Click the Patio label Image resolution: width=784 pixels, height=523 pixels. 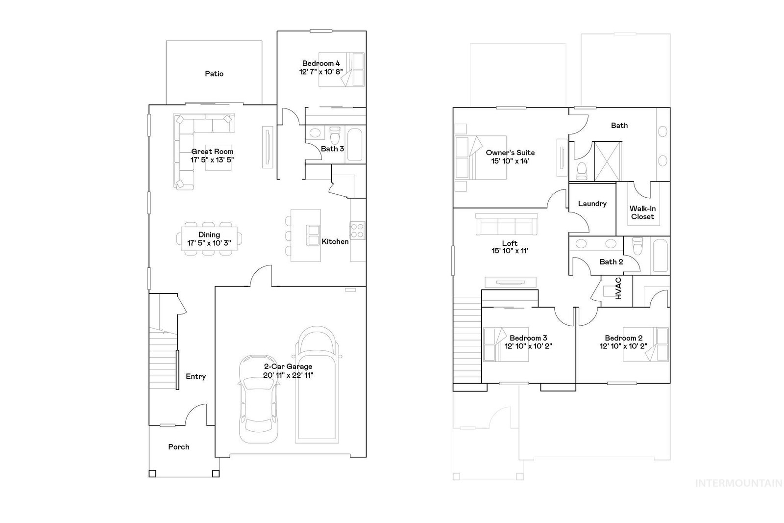coord(214,74)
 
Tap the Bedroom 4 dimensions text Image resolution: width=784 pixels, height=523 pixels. coord(320,72)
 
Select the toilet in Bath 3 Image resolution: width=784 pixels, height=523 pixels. coord(335,135)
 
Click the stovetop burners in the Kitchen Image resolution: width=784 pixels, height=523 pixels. coord(357,230)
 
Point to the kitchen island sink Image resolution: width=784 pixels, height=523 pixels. coord(313,235)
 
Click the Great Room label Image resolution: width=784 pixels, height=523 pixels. coord(212,152)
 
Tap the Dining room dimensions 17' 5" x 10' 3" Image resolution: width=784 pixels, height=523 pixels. coord(209,243)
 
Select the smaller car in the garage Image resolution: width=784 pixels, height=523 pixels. coord(259,399)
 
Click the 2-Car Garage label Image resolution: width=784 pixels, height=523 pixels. coord(288,366)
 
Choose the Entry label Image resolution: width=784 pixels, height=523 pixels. coord(196,376)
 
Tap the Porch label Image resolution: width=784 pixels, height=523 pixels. coord(178,447)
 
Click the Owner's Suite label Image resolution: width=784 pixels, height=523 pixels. coord(510,153)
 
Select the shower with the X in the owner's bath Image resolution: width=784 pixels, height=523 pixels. coord(608,161)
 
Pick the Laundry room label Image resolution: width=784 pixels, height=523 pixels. coord(592,204)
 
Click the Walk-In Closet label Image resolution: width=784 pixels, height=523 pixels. coord(642,212)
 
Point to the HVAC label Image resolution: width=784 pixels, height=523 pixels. coord(618,288)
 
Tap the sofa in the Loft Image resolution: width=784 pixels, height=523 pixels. coord(507,224)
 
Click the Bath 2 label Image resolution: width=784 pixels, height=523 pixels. coord(611,262)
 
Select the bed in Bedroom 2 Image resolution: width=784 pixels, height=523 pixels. coord(645,344)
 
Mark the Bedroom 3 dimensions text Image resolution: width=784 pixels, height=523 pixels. coord(528,346)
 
